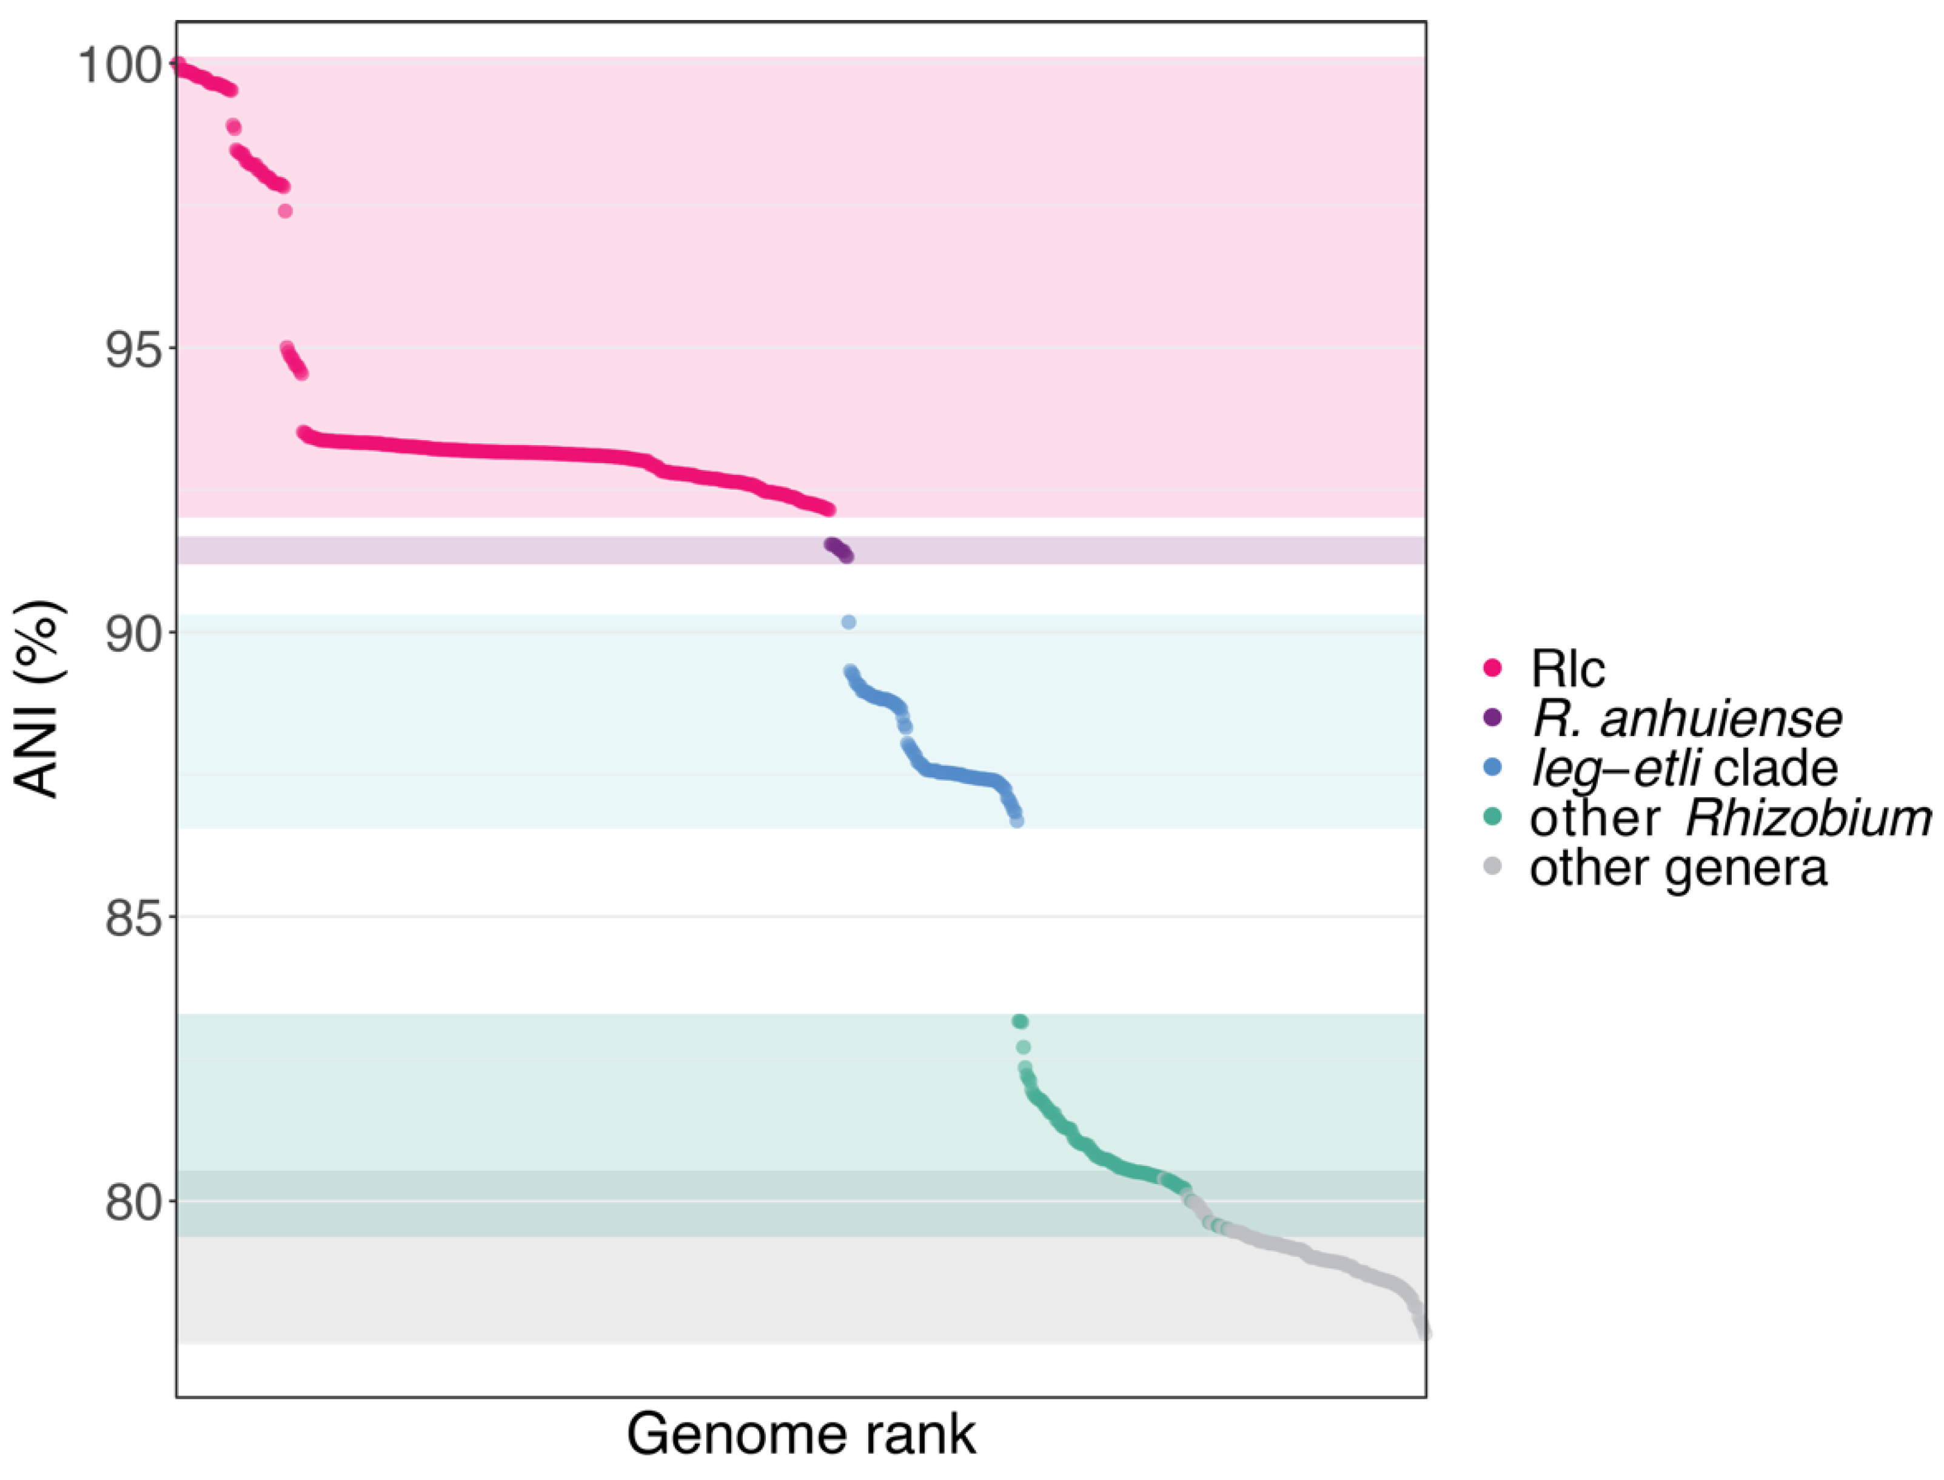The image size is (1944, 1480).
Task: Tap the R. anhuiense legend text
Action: pyautogui.click(x=1686, y=719)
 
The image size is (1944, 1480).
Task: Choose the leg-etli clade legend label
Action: pyautogui.click(x=1684, y=768)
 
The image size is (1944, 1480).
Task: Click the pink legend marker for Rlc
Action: pyautogui.click(x=1492, y=668)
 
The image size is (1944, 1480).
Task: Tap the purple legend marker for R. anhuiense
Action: pyautogui.click(x=1492, y=718)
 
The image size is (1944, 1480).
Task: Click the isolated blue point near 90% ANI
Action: pyautogui.click(x=848, y=623)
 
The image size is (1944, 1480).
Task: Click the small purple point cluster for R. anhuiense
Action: pyautogui.click(x=839, y=551)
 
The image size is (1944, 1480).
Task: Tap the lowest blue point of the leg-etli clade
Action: pyautogui.click(x=1016, y=821)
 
